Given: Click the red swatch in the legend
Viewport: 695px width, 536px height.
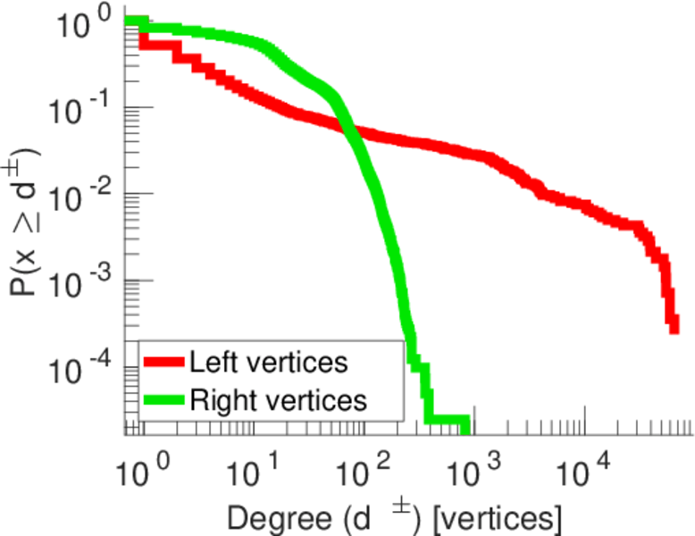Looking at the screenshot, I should pos(164,363).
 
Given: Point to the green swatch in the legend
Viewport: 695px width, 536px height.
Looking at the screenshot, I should pos(164,400).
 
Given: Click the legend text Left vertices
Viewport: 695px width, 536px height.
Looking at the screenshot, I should pos(268,363).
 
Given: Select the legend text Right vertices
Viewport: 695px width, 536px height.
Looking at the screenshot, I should pos(278,400).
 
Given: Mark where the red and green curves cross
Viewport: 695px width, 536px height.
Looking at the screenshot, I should pos(349,131).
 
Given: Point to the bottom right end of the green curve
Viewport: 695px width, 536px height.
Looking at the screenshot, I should pos(465,420).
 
